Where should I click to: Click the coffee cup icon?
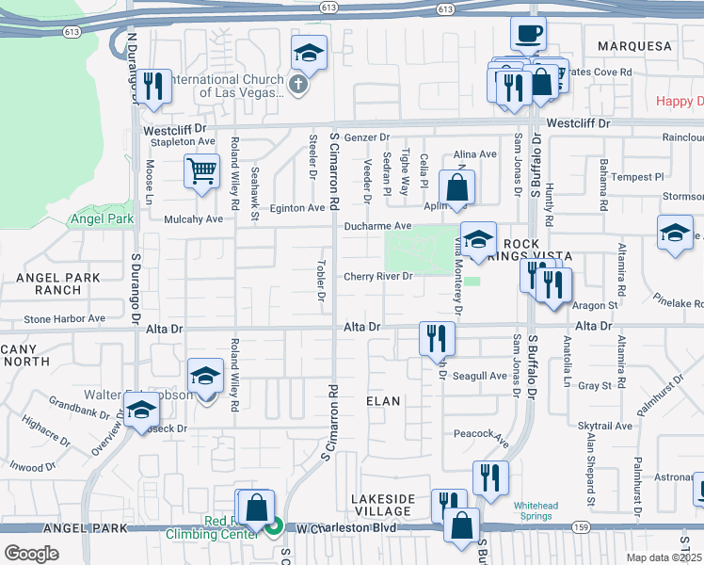click(528, 34)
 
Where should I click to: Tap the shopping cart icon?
click(202, 172)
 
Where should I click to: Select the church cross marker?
click(298, 86)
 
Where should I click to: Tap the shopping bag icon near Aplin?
click(456, 186)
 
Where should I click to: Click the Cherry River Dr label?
click(377, 277)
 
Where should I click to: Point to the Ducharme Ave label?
click(377, 226)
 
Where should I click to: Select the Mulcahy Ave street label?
click(193, 218)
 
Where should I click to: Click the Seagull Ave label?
click(481, 376)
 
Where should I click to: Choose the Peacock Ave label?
click(481, 436)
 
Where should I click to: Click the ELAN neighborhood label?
click(383, 401)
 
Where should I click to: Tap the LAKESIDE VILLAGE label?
click(381, 505)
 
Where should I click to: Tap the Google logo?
click(31, 554)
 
